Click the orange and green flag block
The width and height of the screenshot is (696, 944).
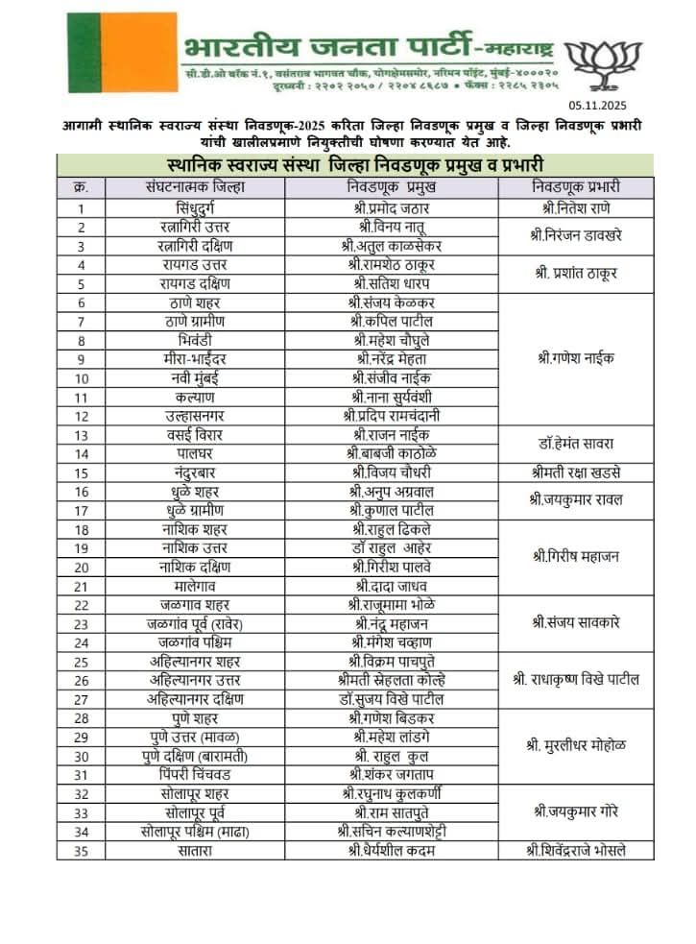pyautogui.click(x=122, y=52)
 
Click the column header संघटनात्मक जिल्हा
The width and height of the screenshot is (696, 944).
pyautogui.click(x=195, y=185)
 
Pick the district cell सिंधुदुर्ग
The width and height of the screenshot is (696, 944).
pyautogui.click(x=195, y=207)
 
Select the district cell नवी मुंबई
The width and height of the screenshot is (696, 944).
pyautogui.click(x=195, y=377)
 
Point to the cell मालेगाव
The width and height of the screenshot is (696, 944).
pyautogui.click(x=195, y=586)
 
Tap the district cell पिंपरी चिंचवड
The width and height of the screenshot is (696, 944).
pyautogui.click(x=195, y=774)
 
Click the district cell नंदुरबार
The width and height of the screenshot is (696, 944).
pyautogui.click(x=195, y=472)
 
